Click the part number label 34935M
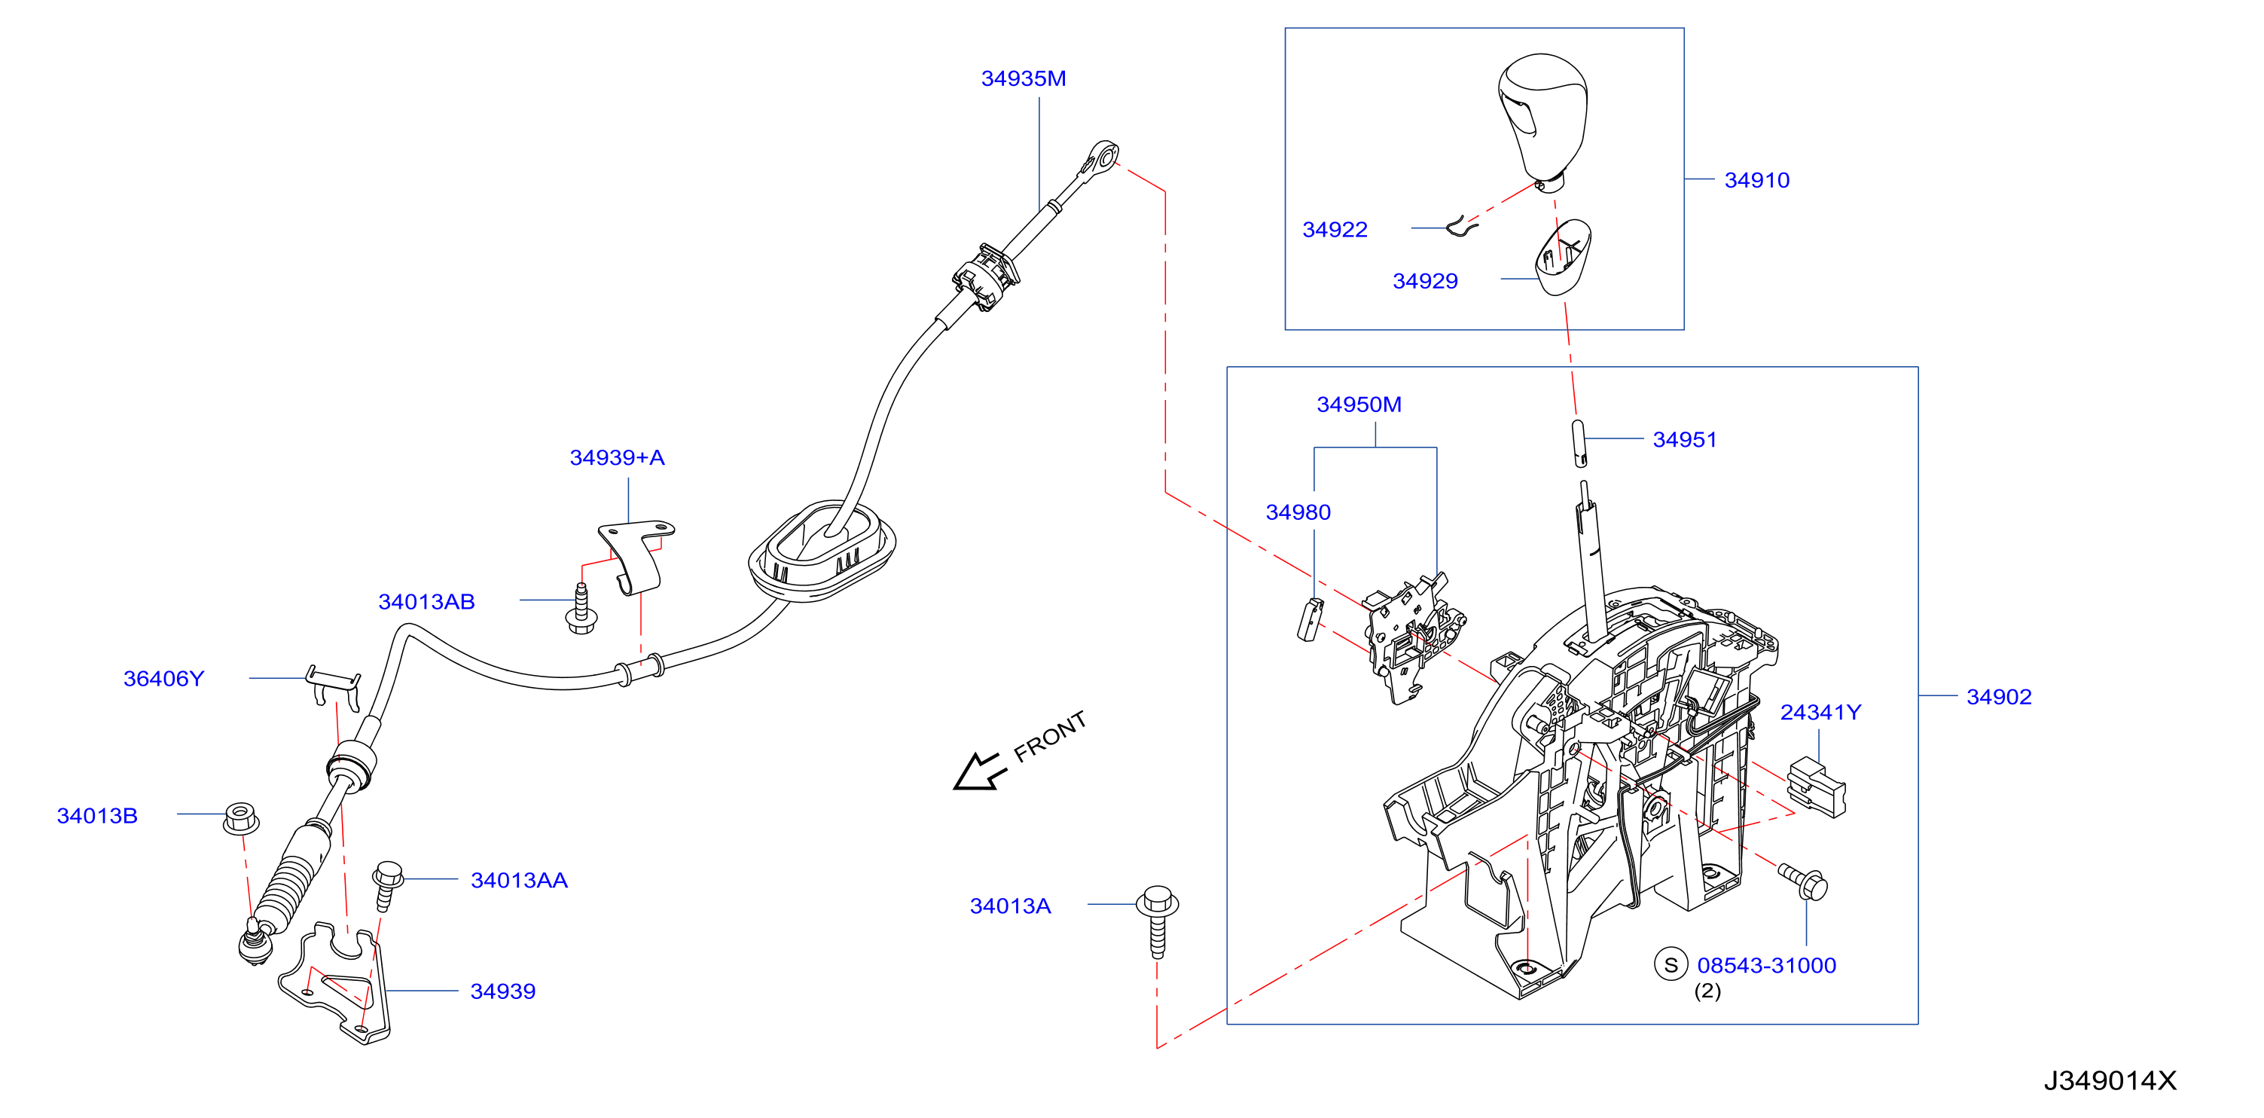(x=1023, y=79)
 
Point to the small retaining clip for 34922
(x=1463, y=228)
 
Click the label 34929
(x=1425, y=281)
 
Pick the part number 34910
(x=1756, y=180)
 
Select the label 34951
(x=1684, y=439)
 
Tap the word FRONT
(x=1049, y=737)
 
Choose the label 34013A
(x=1010, y=906)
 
